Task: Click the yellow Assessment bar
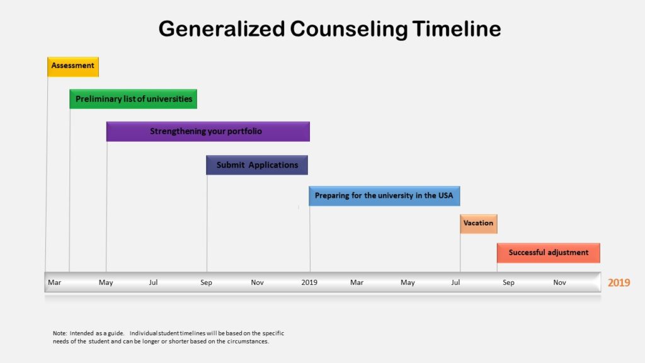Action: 73,67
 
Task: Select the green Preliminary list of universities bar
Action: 134,99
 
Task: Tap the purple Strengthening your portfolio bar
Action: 208,131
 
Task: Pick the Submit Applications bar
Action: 257,165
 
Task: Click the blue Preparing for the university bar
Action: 385,195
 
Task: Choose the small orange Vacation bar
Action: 479,224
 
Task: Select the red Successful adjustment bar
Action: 549,253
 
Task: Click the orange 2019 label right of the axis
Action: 619,282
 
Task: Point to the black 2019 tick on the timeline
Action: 309,282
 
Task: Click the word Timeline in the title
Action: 457,29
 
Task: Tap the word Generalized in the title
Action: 222,29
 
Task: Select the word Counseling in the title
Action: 349,30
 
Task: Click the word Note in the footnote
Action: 59,333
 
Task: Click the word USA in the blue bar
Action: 445,195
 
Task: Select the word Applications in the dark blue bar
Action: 273,165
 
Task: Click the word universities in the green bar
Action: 169,99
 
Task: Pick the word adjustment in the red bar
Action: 568,253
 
